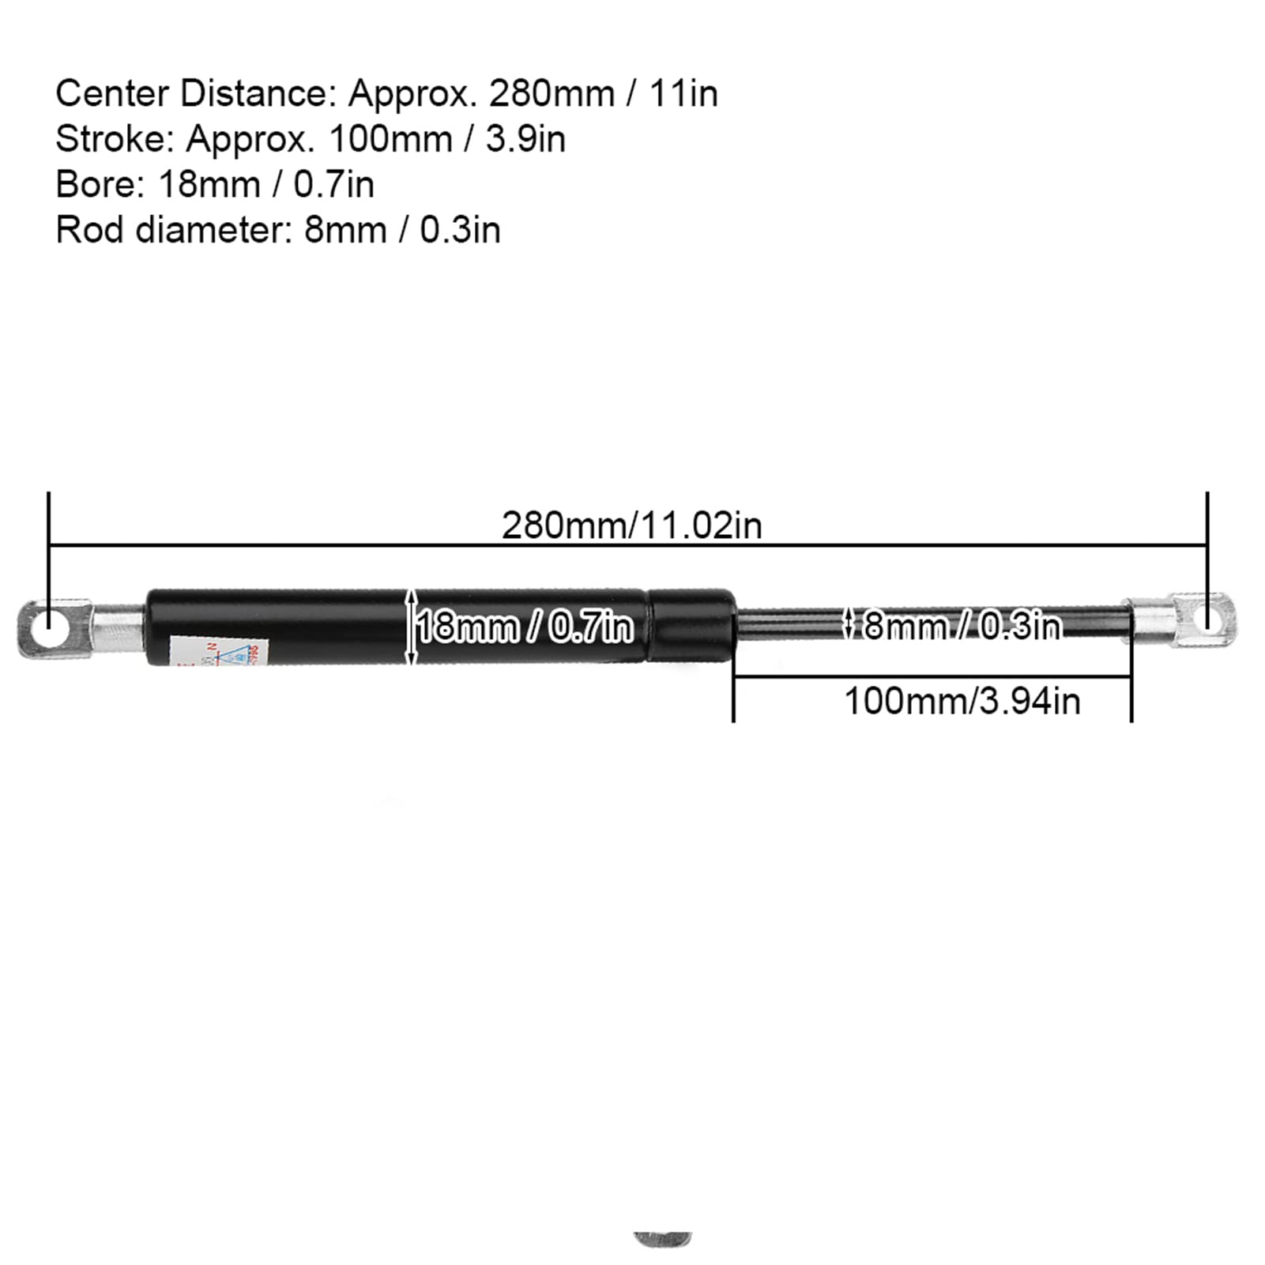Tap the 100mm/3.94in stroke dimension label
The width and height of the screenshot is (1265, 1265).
coord(962,702)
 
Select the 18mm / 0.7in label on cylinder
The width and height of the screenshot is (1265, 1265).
coord(525,627)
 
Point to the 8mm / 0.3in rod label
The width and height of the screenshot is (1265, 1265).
coord(961,626)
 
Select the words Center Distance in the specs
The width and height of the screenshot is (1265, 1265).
coord(190,94)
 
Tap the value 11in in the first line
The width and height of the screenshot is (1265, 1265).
coord(683,94)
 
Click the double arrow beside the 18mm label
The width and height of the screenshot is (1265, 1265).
coord(411,627)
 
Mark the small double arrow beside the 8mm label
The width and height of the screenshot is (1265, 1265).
coord(849,623)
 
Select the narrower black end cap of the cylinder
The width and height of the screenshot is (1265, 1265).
coord(692,627)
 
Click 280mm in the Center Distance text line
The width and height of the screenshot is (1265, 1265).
coord(552,94)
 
